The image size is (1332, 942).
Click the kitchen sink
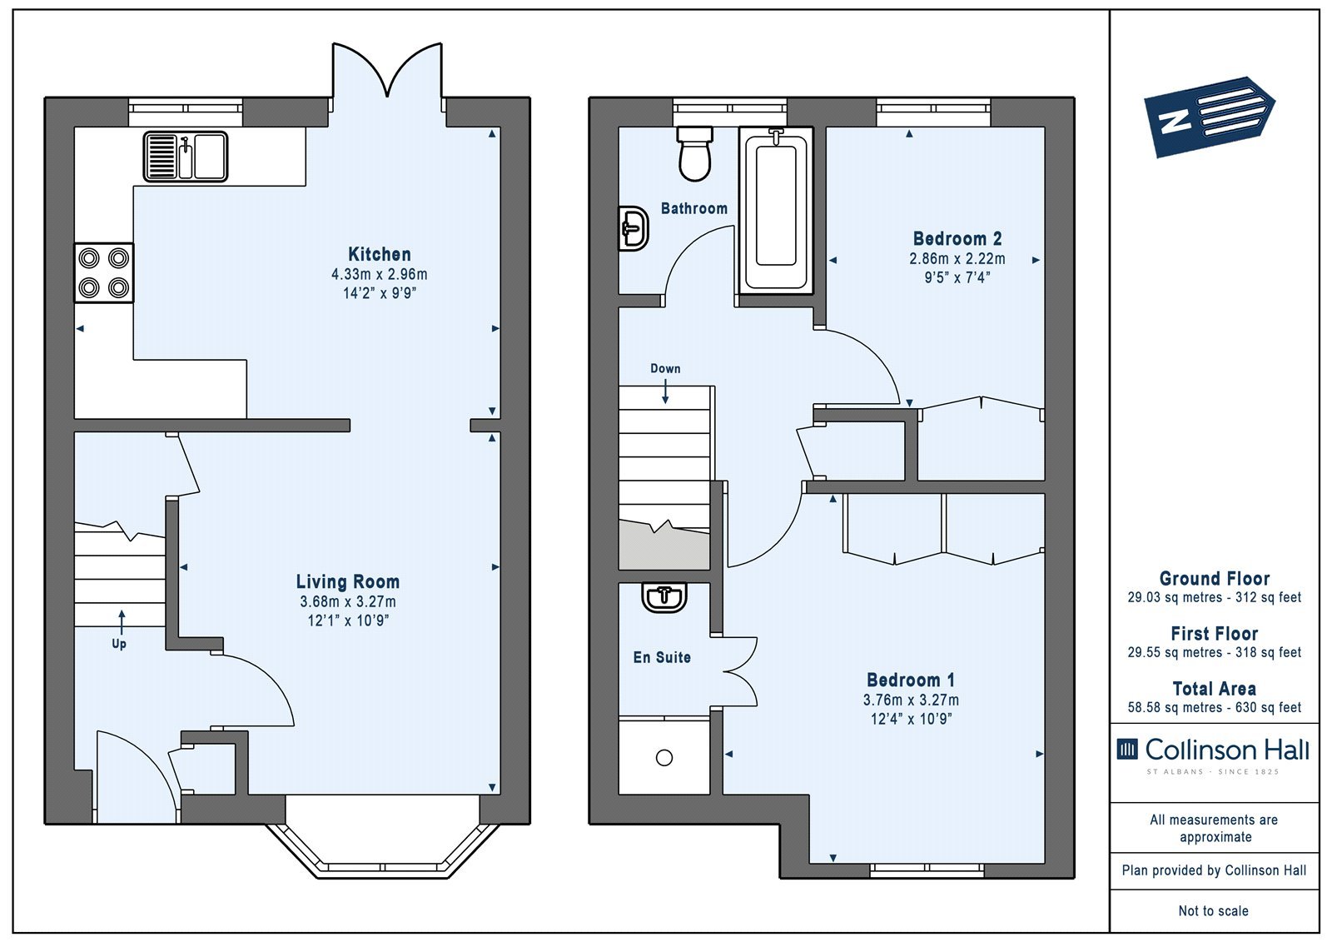coord(186,157)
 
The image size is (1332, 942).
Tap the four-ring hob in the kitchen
coord(103,273)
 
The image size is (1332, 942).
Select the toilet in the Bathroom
coord(694,153)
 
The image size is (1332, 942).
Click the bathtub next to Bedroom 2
coord(776,210)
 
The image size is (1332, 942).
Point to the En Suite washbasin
coord(665,597)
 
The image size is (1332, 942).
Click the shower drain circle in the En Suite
coord(664,758)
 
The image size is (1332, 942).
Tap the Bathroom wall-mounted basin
coord(634,228)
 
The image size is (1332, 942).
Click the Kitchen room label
coord(380,254)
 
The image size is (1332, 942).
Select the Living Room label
coord(348,581)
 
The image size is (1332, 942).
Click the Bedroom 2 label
coord(957,239)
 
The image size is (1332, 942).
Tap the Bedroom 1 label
coord(911,680)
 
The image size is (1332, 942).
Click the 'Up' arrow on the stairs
coord(122,622)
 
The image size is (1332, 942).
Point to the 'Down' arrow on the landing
coord(665,391)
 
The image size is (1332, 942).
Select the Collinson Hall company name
coord(1227,750)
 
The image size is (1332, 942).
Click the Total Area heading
coord(1215,689)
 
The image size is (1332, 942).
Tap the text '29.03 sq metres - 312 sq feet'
coord(1215,597)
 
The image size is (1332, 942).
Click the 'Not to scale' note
coord(1214,910)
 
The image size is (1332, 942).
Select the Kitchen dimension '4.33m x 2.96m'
coord(380,274)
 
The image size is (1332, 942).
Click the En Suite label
coord(662,657)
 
